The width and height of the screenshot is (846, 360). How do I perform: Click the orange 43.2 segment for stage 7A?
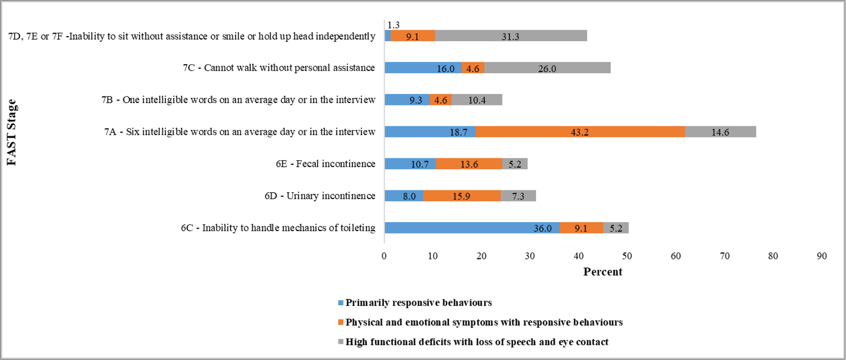[x=580, y=132]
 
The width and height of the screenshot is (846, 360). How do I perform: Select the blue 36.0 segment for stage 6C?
[x=472, y=228]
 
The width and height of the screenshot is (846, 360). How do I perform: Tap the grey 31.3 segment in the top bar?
[x=511, y=36]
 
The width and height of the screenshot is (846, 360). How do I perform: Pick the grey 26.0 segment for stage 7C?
[x=547, y=68]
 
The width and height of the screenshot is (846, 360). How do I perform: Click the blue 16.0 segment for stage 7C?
[x=423, y=68]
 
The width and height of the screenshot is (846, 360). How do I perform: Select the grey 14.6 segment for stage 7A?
[x=720, y=132]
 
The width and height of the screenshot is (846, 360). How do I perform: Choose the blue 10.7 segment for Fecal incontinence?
[x=410, y=164]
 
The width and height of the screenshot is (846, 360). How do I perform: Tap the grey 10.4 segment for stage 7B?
[x=477, y=100]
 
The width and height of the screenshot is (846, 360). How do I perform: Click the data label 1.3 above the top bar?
[x=393, y=25]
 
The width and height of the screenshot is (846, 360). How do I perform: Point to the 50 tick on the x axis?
[x=627, y=256]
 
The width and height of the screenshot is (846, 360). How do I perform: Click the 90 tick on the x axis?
[x=821, y=256]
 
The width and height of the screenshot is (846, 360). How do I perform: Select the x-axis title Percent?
[x=602, y=272]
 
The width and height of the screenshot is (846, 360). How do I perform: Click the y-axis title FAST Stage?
[x=12, y=132]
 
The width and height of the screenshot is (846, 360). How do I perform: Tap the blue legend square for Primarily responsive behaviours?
[x=341, y=303]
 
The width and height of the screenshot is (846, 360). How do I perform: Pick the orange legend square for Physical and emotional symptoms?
[x=341, y=322]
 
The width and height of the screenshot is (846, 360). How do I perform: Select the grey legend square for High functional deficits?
[x=341, y=342]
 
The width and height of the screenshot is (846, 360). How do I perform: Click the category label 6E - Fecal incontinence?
[x=325, y=164]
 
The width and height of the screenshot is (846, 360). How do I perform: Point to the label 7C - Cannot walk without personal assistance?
[x=279, y=68]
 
